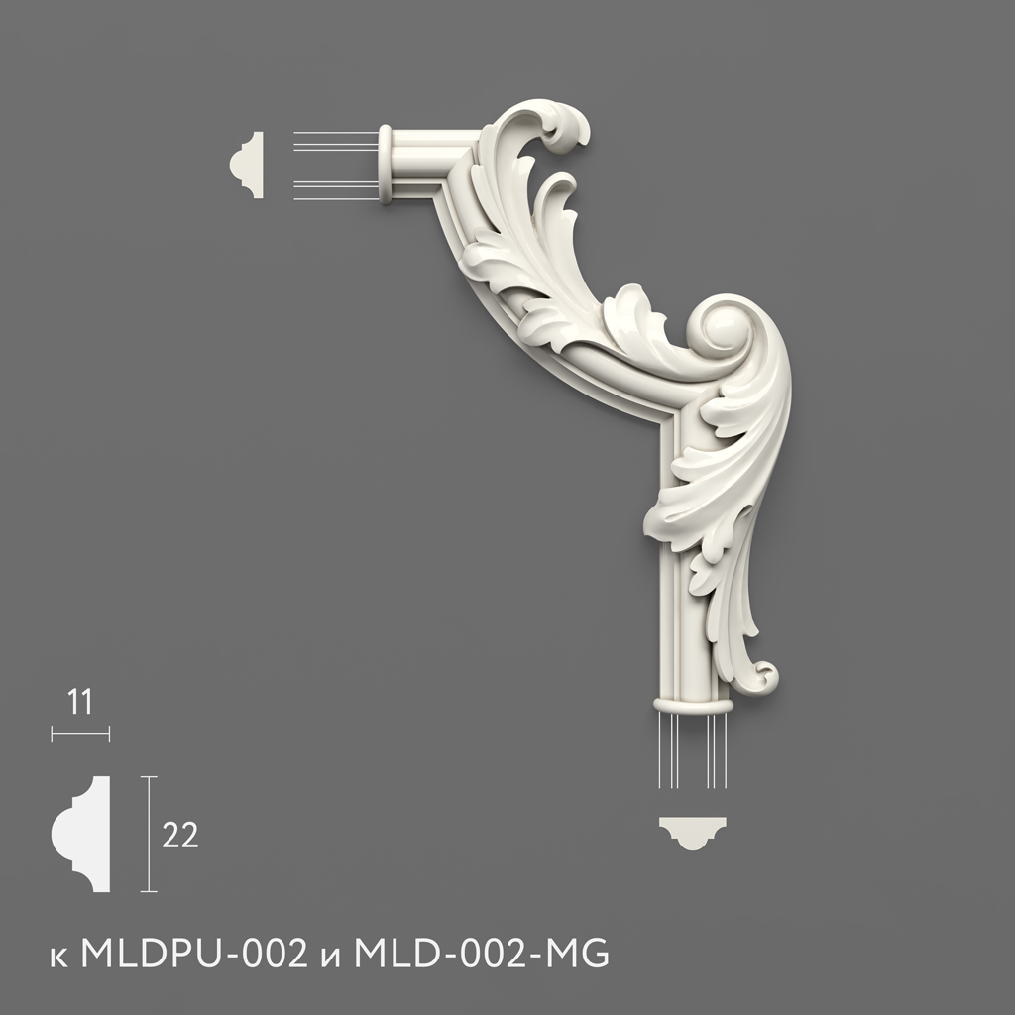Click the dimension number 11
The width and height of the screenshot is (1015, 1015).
pyautogui.click(x=79, y=703)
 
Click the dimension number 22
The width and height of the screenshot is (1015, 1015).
pyautogui.click(x=180, y=835)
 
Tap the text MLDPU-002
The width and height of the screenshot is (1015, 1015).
pyautogui.click(x=194, y=953)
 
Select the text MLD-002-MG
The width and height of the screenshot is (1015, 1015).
pyautogui.click(x=482, y=953)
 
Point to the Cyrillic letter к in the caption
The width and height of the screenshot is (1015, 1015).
pyautogui.click(x=58, y=958)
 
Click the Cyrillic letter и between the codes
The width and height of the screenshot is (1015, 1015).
pyautogui.click(x=331, y=958)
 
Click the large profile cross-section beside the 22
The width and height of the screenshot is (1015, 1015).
pyautogui.click(x=81, y=834)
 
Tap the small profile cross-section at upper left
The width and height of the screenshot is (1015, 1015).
pyautogui.click(x=247, y=166)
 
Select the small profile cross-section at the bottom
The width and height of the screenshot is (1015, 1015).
pyautogui.click(x=693, y=833)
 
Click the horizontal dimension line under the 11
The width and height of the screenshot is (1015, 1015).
pyautogui.click(x=80, y=734)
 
